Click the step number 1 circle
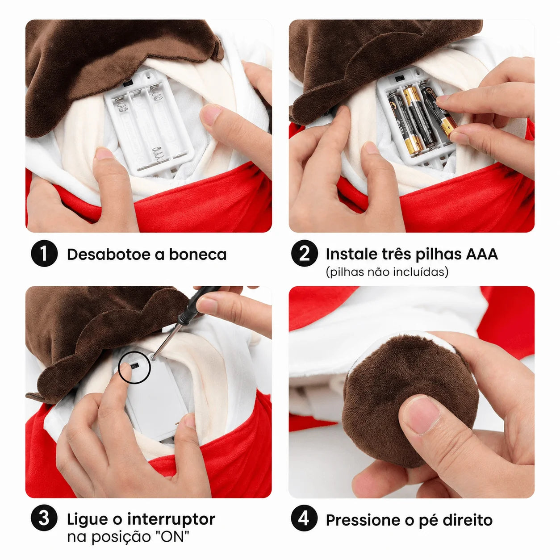click(44, 253)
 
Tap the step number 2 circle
click(305, 253)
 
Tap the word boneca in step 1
click(198, 254)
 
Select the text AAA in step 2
click(482, 254)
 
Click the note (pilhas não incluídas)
click(387, 272)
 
